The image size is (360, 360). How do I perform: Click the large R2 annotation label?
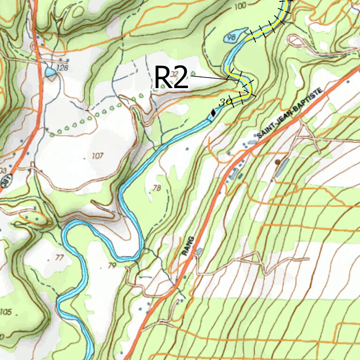click(171, 77)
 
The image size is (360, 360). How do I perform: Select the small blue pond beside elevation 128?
click(50, 72)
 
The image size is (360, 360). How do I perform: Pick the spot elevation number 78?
click(157, 188)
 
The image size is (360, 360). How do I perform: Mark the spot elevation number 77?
click(59, 257)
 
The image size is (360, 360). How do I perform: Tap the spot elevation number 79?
click(111, 266)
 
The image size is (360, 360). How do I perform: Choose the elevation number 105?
click(6, 312)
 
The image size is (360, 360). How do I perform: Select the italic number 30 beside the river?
click(225, 101)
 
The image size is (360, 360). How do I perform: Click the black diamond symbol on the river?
click(213, 112)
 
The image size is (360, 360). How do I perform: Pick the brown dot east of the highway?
click(277, 162)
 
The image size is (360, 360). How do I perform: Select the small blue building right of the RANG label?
click(199, 252)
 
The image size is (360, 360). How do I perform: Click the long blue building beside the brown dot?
click(282, 167)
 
